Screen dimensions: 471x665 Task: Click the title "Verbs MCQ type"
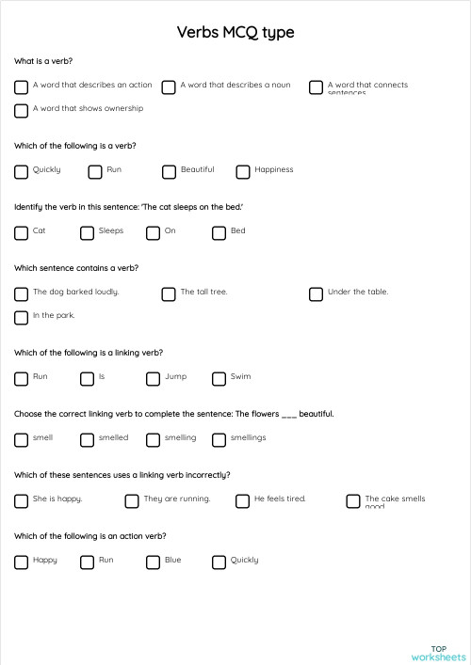point(235,33)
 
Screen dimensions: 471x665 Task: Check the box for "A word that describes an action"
point(22,87)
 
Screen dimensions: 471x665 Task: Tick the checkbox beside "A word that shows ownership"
point(22,111)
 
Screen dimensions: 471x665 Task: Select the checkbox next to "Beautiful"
point(169,172)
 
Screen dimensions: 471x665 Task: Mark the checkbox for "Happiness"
point(243,172)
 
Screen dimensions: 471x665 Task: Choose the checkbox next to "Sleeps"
point(88,233)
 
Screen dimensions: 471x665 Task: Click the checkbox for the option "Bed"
point(219,233)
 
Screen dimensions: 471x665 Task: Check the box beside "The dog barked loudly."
point(22,294)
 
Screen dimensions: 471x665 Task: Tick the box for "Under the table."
point(317,294)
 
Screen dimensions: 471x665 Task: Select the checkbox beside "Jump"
point(154,379)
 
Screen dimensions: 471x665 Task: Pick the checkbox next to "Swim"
point(219,379)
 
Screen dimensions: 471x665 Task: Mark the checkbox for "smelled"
point(88,440)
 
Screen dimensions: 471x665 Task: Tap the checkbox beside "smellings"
point(219,440)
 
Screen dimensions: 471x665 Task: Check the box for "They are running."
point(132,501)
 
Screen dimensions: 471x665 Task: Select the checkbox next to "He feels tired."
point(243,501)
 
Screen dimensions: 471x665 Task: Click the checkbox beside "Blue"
point(154,562)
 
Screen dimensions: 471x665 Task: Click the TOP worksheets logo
point(439,653)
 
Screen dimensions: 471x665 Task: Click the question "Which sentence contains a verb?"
point(76,268)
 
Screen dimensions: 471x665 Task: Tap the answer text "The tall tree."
point(203,292)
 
